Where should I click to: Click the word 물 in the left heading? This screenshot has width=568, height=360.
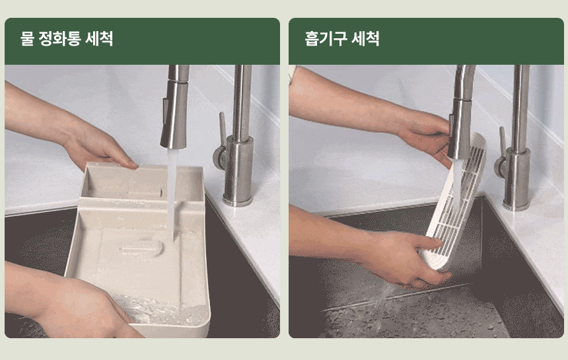click(27, 38)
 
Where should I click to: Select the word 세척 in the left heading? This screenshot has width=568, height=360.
click(99, 38)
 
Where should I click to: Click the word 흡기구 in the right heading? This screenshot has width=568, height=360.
click(326, 38)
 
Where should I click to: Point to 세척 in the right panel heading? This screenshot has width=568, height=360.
click(366, 38)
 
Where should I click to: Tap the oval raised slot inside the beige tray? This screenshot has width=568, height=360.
click(142, 248)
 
